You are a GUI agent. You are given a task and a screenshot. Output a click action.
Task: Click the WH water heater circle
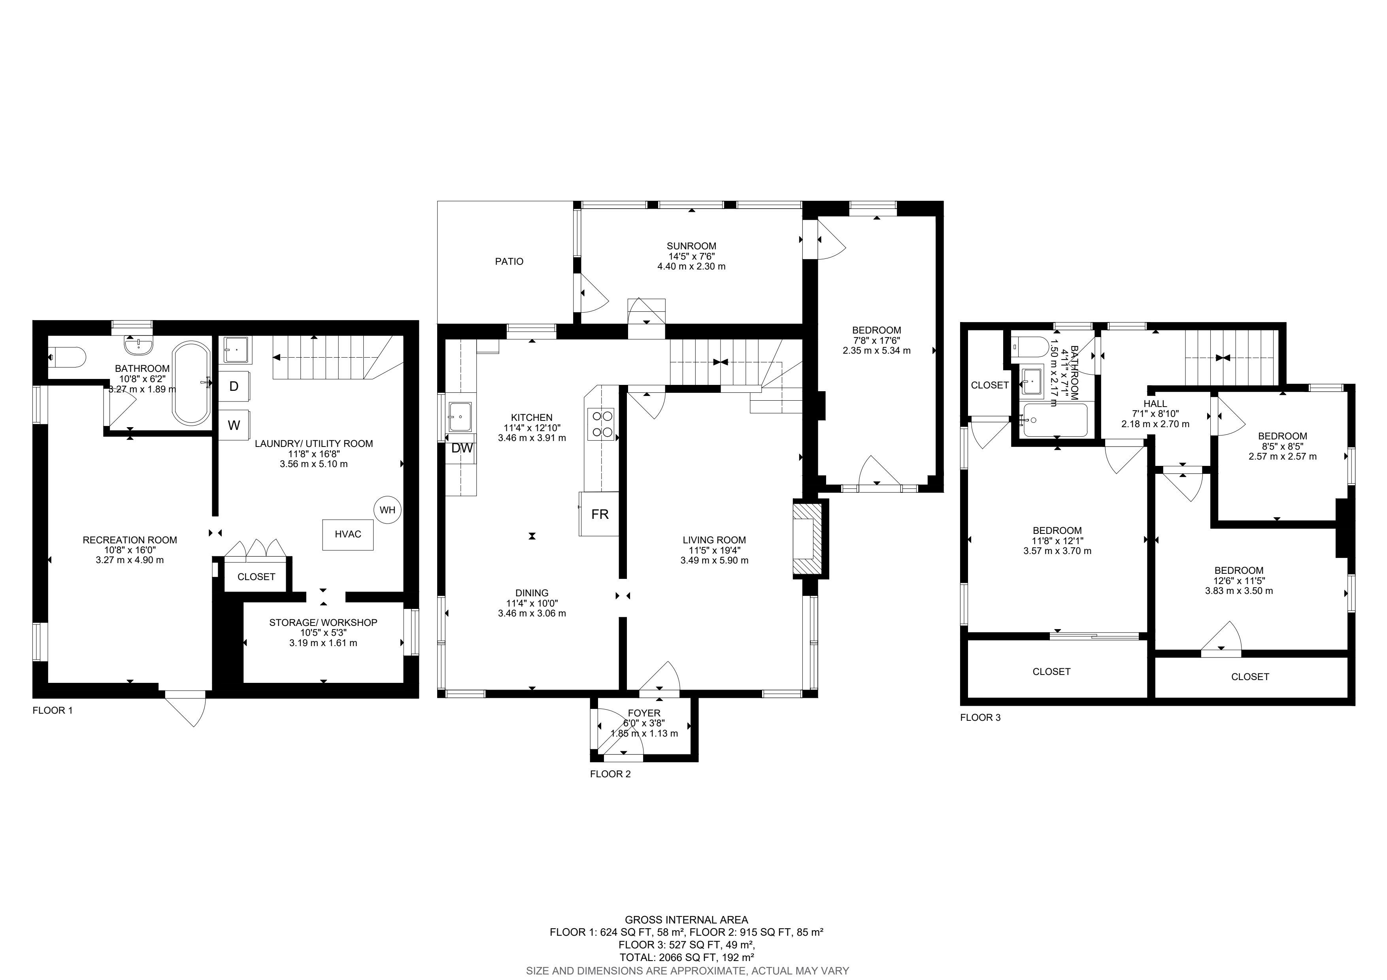click(387, 510)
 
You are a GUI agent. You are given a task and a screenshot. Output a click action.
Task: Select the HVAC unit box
click(347, 534)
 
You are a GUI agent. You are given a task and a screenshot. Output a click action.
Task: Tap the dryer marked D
click(234, 386)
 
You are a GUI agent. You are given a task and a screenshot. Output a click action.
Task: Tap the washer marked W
click(234, 425)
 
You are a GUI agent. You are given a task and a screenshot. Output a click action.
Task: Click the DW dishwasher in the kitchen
click(462, 449)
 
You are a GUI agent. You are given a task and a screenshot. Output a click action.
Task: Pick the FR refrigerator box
click(599, 514)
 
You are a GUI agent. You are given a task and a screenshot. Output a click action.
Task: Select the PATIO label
click(509, 262)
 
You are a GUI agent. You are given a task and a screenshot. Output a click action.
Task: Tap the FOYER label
click(644, 713)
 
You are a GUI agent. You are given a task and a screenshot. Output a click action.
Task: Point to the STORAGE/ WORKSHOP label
click(323, 622)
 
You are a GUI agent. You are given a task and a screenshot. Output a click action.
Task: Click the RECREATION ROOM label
click(130, 540)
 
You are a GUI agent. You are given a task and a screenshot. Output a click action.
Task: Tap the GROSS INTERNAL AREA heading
click(686, 920)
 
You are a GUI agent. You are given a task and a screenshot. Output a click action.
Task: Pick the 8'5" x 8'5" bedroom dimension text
click(1283, 446)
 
